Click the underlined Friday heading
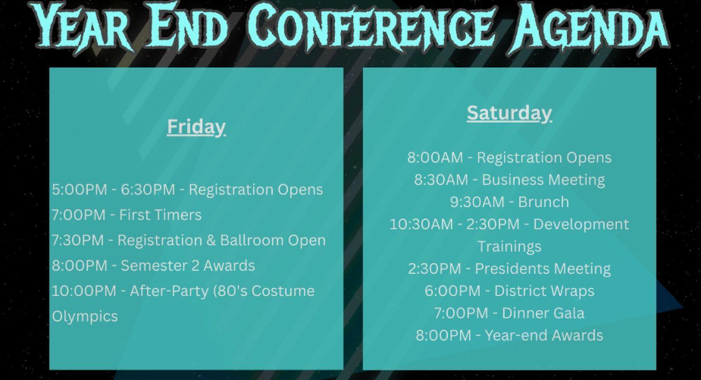pyautogui.click(x=196, y=127)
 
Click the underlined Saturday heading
pyautogui.click(x=509, y=113)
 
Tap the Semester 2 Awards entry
pyautogui.click(x=188, y=265)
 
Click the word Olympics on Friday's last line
pyautogui.click(x=85, y=316)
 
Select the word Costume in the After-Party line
pyautogui.click(x=283, y=291)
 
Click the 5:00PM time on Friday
pyautogui.click(x=80, y=190)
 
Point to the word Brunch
pyautogui.click(x=543, y=203)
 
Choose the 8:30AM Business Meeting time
pyautogui.click(x=441, y=180)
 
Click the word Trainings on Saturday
pyautogui.click(x=509, y=247)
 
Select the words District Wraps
pyautogui.click(x=544, y=291)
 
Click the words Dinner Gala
pyautogui.click(x=543, y=313)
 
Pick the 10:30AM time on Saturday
pyautogui.click(x=421, y=225)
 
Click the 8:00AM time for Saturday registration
pyautogui.click(x=435, y=158)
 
